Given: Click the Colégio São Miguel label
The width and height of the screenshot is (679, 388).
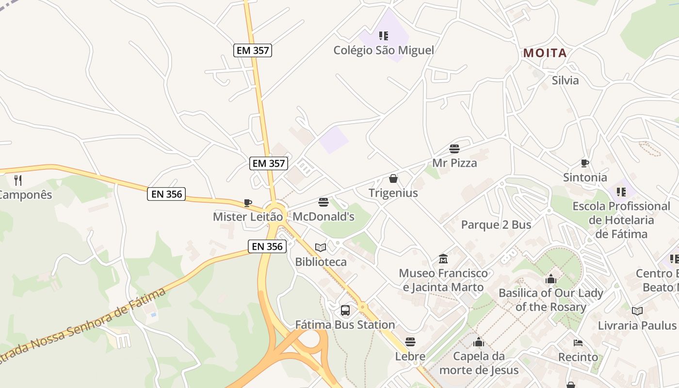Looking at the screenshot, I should point(384,50).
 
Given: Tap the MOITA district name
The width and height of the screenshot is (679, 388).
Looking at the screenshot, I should point(545,53).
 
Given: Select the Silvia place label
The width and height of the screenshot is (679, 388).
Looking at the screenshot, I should point(565,80).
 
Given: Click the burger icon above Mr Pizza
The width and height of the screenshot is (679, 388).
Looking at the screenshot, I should point(454,148).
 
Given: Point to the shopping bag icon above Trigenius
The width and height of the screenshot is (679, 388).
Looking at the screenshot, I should point(393,178).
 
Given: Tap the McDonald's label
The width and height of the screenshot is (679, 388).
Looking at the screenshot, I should point(323,216).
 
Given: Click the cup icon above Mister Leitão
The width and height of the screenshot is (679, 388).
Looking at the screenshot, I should point(248,203).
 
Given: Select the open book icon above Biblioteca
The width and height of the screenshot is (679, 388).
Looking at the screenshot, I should point(321,248).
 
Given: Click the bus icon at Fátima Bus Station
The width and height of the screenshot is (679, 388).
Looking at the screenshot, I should point(345,310).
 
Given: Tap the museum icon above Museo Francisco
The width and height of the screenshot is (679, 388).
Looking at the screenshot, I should point(443,259).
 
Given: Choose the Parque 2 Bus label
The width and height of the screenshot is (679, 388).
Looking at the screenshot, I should point(496,225).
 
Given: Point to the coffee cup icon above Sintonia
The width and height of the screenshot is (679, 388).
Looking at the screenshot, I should point(585,163).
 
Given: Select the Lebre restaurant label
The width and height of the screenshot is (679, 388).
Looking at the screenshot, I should point(410,356).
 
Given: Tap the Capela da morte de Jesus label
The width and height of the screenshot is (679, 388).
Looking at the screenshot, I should point(479,363).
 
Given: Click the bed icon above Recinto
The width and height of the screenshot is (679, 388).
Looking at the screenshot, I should point(578,343).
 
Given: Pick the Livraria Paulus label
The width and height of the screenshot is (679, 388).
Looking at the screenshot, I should point(637,325).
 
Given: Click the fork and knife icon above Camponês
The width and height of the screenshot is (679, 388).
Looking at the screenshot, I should point(18,180).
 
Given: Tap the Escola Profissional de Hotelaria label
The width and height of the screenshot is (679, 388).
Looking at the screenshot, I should point(621,220).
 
